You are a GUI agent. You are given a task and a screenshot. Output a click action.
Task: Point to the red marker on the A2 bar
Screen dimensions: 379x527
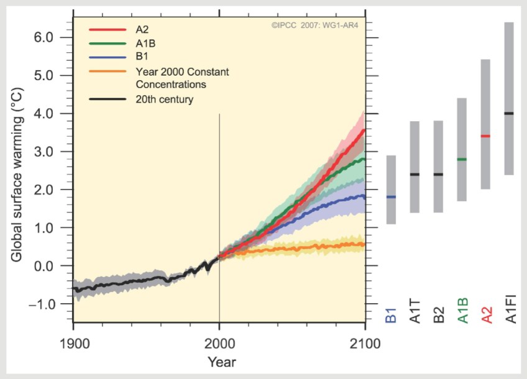(x=486, y=136)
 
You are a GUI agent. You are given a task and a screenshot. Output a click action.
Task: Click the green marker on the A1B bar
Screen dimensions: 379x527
(x=462, y=160)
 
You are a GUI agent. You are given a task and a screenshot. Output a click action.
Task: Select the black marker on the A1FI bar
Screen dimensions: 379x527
(x=510, y=113)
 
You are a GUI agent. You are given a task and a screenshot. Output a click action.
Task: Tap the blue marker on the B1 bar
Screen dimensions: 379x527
(x=392, y=197)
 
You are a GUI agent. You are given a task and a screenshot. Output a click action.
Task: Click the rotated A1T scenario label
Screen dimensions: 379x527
(x=415, y=311)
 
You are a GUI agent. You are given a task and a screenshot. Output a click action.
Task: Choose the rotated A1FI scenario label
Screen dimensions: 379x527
(x=510, y=308)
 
